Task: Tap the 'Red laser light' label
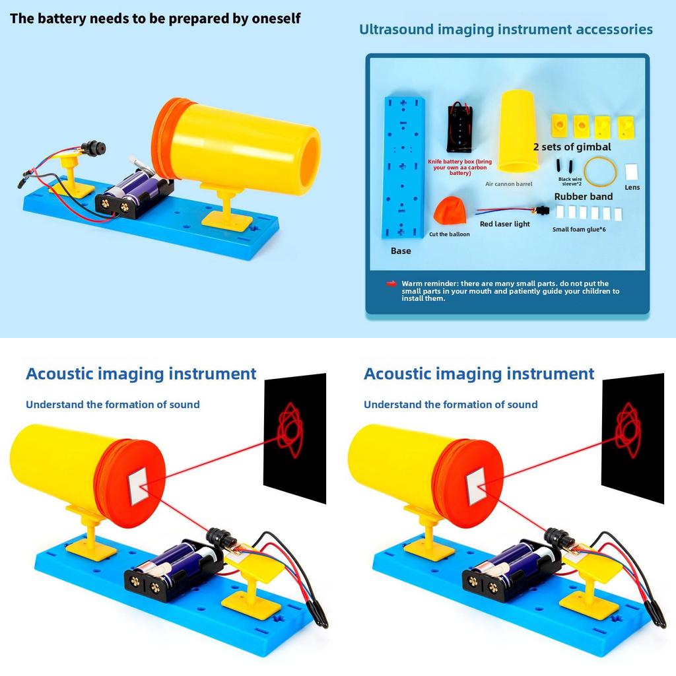(x=505, y=224)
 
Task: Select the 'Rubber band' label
(x=584, y=197)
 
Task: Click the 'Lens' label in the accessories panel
(x=632, y=187)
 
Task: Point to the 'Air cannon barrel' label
(x=509, y=184)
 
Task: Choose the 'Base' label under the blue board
(x=401, y=251)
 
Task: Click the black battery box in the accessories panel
(x=459, y=127)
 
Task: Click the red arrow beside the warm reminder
(x=391, y=283)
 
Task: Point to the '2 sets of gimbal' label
(x=572, y=147)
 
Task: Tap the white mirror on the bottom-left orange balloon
(x=139, y=487)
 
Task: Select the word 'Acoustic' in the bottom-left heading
(x=59, y=374)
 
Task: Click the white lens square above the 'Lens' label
(x=632, y=172)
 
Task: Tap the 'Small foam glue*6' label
(x=579, y=229)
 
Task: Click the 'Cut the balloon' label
(x=449, y=234)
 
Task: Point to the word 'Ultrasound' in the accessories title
(x=396, y=29)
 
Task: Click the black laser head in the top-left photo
(x=94, y=147)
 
